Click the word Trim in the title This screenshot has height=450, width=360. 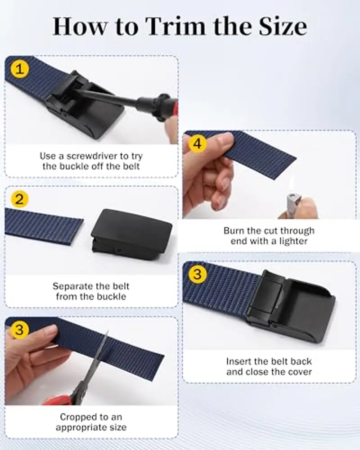pyautogui.click(x=177, y=27)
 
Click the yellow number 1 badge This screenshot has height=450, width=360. pyautogui.click(x=19, y=69)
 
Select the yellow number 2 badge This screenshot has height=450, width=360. pyautogui.click(x=19, y=199)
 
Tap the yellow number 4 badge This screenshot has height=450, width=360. pyautogui.click(x=198, y=143)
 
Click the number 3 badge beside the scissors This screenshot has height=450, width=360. pyautogui.click(x=19, y=329)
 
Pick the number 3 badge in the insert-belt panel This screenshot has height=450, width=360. pyautogui.click(x=198, y=274)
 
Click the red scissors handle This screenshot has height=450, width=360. pyautogui.click(x=59, y=400)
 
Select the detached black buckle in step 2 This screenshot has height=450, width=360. pyautogui.click(x=131, y=234)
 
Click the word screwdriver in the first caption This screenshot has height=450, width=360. pyautogui.click(x=92, y=156)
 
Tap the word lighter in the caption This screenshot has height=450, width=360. pyautogui.click(x=293, y=241)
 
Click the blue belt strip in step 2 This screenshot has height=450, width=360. pyautogui.click(x=44, y=226)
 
